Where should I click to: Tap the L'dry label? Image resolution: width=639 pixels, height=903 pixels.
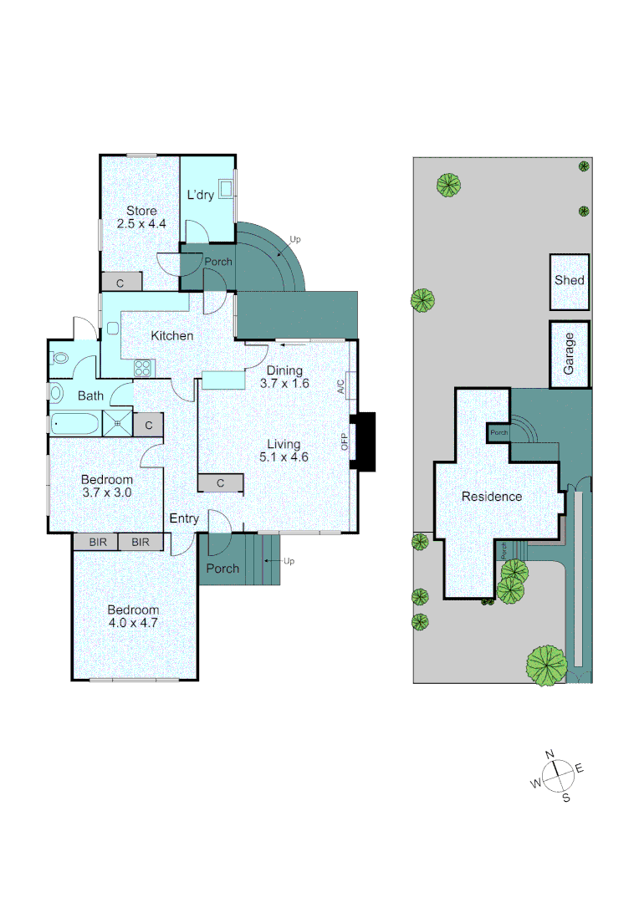click(201, 196)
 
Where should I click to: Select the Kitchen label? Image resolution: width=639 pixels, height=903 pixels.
click(172, 336)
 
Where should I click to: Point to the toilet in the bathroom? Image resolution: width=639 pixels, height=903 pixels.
click(59, 358)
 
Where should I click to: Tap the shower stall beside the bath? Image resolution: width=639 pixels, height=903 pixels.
click(118, 424)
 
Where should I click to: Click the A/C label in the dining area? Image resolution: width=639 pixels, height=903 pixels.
click(340, 386)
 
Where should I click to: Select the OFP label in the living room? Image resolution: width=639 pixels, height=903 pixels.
click(345, 441)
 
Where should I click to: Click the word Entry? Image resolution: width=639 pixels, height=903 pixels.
click(184, 518)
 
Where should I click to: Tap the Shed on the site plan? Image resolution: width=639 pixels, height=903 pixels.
click(570, 281)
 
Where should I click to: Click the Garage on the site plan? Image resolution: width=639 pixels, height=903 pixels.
click(570, 354)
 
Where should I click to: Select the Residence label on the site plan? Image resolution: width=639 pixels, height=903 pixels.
click(492, 497)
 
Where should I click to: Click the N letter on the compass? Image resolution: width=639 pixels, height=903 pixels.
click(550, 755)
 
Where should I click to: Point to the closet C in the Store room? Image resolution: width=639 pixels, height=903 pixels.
click(120, 283)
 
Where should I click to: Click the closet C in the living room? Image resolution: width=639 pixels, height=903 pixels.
click(221, 483)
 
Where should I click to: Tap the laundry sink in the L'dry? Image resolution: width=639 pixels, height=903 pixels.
click(226, 186)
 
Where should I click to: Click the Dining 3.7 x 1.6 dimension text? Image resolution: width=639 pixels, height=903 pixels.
click(284, 378)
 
